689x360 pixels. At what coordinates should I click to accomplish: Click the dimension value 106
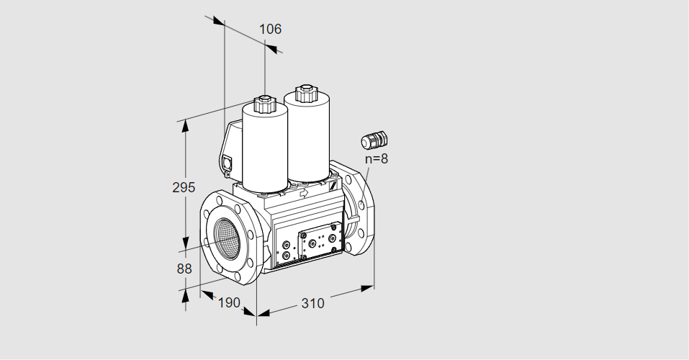270,29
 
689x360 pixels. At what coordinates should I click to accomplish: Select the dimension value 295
184,187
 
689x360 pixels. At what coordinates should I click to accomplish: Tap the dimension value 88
184,269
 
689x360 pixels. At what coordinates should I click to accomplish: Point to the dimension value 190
229,302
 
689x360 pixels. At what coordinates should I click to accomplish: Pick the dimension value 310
312,303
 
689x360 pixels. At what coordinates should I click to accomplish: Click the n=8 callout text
377,158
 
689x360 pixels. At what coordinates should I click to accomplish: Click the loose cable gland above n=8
374,140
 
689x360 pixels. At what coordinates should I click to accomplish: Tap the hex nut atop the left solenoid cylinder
264,104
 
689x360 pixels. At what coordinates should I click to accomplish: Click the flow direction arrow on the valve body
304,192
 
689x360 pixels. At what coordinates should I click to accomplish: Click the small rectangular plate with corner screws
320,241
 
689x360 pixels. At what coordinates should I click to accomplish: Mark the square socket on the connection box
228,162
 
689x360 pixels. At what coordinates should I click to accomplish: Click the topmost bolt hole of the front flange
220,201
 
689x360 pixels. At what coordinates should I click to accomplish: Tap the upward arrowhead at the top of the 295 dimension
186,126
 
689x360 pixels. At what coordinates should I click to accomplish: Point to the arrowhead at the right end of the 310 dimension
367,288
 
